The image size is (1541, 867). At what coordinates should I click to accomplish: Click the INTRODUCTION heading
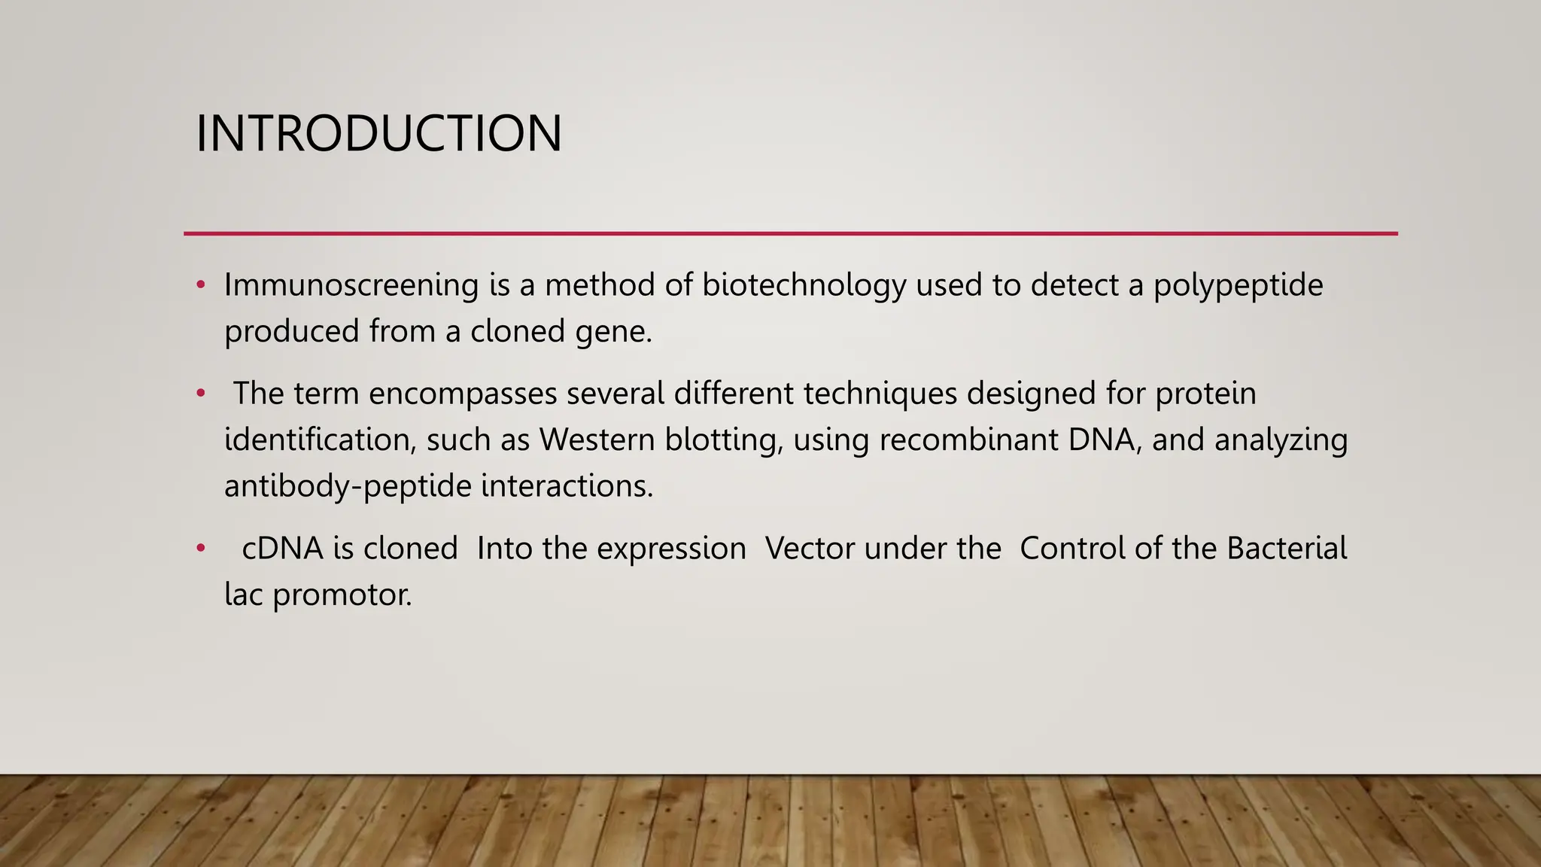point(378,134)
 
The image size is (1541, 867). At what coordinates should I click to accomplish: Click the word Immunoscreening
point(351,285)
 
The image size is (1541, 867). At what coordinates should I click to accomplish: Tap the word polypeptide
point(1238,285)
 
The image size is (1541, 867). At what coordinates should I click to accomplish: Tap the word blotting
point(724,440)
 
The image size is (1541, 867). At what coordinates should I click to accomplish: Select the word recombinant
point(969,440)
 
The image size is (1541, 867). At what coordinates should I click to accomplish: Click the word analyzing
point(1281,440)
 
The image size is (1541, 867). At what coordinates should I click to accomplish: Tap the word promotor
point(342,595)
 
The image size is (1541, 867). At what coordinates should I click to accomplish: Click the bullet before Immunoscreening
point(200,285)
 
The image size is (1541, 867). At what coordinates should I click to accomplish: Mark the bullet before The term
point(200,394)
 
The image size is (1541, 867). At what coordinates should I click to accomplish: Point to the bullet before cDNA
point(200,548)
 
